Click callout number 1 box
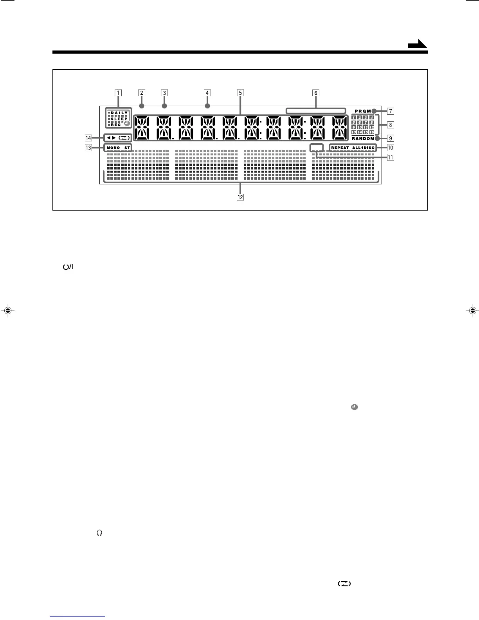117,93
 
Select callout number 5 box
240,93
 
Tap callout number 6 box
315,93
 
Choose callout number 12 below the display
240,197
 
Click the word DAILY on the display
119,113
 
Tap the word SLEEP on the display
119,119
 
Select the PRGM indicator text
362,111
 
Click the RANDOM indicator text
363,139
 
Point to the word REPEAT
340,148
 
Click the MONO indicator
113,148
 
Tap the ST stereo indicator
127,148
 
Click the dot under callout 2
142,106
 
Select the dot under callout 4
207,106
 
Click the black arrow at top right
417,45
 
